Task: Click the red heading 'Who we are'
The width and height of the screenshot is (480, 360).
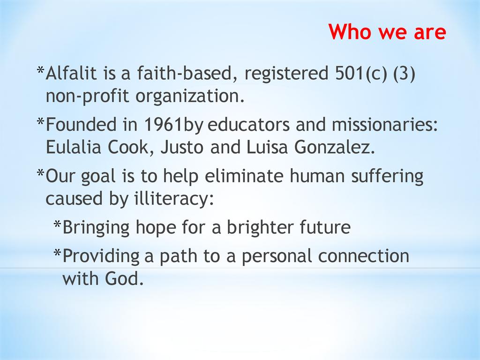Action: [387, 31]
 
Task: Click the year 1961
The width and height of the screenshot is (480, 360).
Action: [163, 125]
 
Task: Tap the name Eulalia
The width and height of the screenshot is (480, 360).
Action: [73, 147]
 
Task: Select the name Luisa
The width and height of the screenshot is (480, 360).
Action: [267, 147]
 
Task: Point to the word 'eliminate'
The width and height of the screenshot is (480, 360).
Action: [244, 176]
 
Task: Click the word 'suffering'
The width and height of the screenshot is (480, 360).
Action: [387, 177]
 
